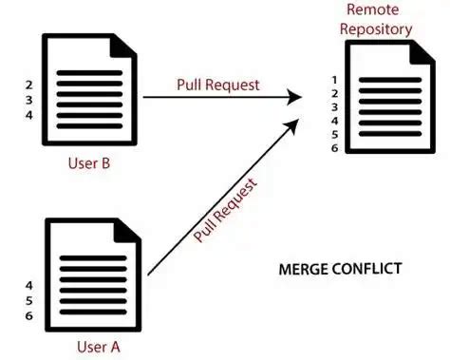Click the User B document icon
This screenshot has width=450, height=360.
(91, 90)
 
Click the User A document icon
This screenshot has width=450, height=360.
(91, 273)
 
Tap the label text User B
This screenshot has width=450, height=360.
(89, 162)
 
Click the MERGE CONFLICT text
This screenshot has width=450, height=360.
(339, 269)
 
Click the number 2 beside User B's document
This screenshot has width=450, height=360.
(29, 84)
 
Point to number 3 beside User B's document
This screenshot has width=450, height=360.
(29, 99)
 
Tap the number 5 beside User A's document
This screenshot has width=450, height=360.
(29, 299)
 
